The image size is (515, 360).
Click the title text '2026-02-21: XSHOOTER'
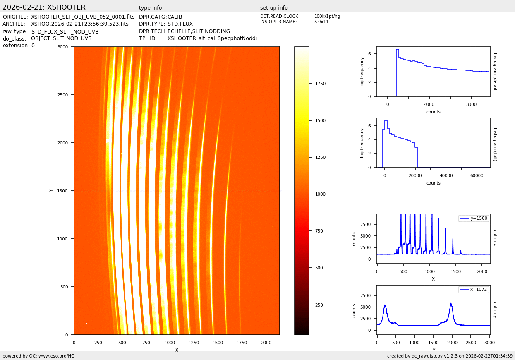[x=44, y=7]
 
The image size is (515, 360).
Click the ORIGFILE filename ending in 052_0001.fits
[x=83, y=17]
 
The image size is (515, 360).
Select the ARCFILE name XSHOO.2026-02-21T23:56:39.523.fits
[x=80, y=24]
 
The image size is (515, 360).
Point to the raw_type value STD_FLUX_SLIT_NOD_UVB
[x=65, y=31]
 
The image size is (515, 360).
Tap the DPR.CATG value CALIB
[x=175, y=17]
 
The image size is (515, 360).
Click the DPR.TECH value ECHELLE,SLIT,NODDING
[x=199, y=31]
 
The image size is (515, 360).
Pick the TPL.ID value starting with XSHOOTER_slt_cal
[x=212, y=38]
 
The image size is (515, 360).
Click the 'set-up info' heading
[x=274, y=8]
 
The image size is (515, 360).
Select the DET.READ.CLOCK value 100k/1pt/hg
[x=327, y=17]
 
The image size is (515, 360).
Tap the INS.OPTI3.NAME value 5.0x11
[x=321, y=22]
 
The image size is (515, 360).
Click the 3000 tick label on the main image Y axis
[x=63, y=47]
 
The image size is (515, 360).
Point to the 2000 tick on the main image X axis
[x=266, y=343]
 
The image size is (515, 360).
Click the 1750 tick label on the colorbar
[x=320, y=84]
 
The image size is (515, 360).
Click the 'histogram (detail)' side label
[x=495, y=72]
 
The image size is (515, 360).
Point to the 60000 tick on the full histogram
[x=477, y=175]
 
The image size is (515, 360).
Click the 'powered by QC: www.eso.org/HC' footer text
[x=38, y=356]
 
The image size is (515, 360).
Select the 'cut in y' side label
[x=495, y=310]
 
